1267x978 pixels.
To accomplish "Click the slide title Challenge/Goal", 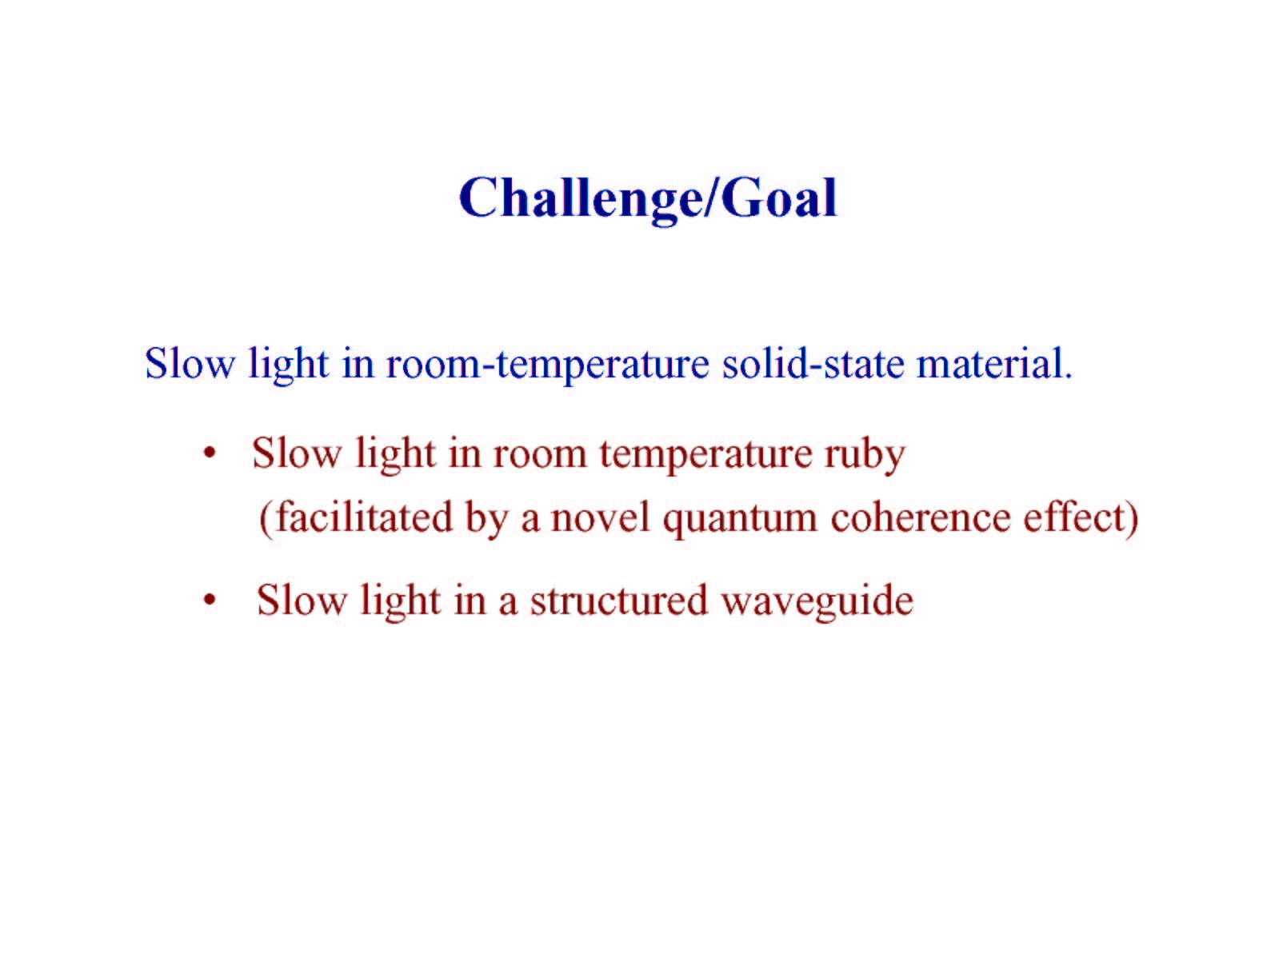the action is pyautogui.click(x=648, y=199).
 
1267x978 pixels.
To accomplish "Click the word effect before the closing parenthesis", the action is pyautogui.click(x=1073, y=517).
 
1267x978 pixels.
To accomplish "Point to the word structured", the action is pyautogui.click(x=618, y=601).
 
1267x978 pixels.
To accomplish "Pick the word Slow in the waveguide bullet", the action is pyautogui.click(x=302, y=600).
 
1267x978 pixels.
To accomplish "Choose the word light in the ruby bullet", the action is pyautogui.click(x=396, y=455).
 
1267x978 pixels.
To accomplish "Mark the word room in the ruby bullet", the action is pyautogui.click(x=541, y=457).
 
